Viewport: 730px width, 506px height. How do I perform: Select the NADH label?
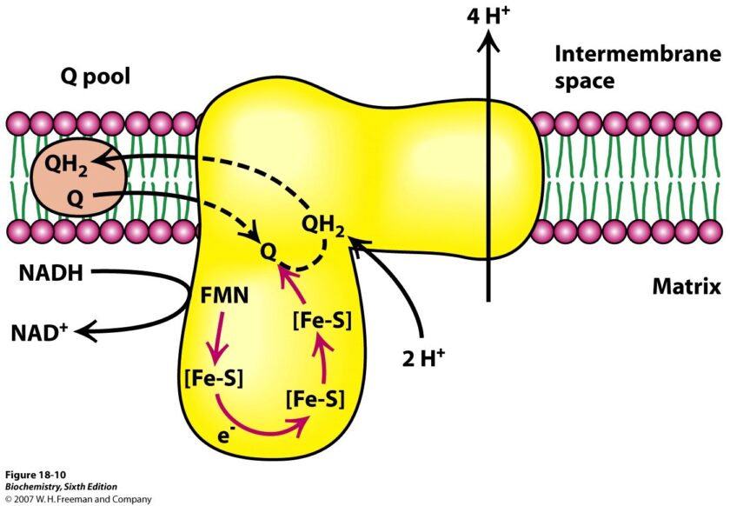pos(50,276)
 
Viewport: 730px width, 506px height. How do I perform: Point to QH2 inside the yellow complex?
pos(323,227)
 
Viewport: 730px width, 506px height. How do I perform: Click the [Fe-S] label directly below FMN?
pos(214,379)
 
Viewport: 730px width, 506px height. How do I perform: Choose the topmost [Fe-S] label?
pos(322,319)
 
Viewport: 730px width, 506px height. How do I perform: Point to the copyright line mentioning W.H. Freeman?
pos(77,499)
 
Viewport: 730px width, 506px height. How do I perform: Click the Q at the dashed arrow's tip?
pos(272,250)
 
